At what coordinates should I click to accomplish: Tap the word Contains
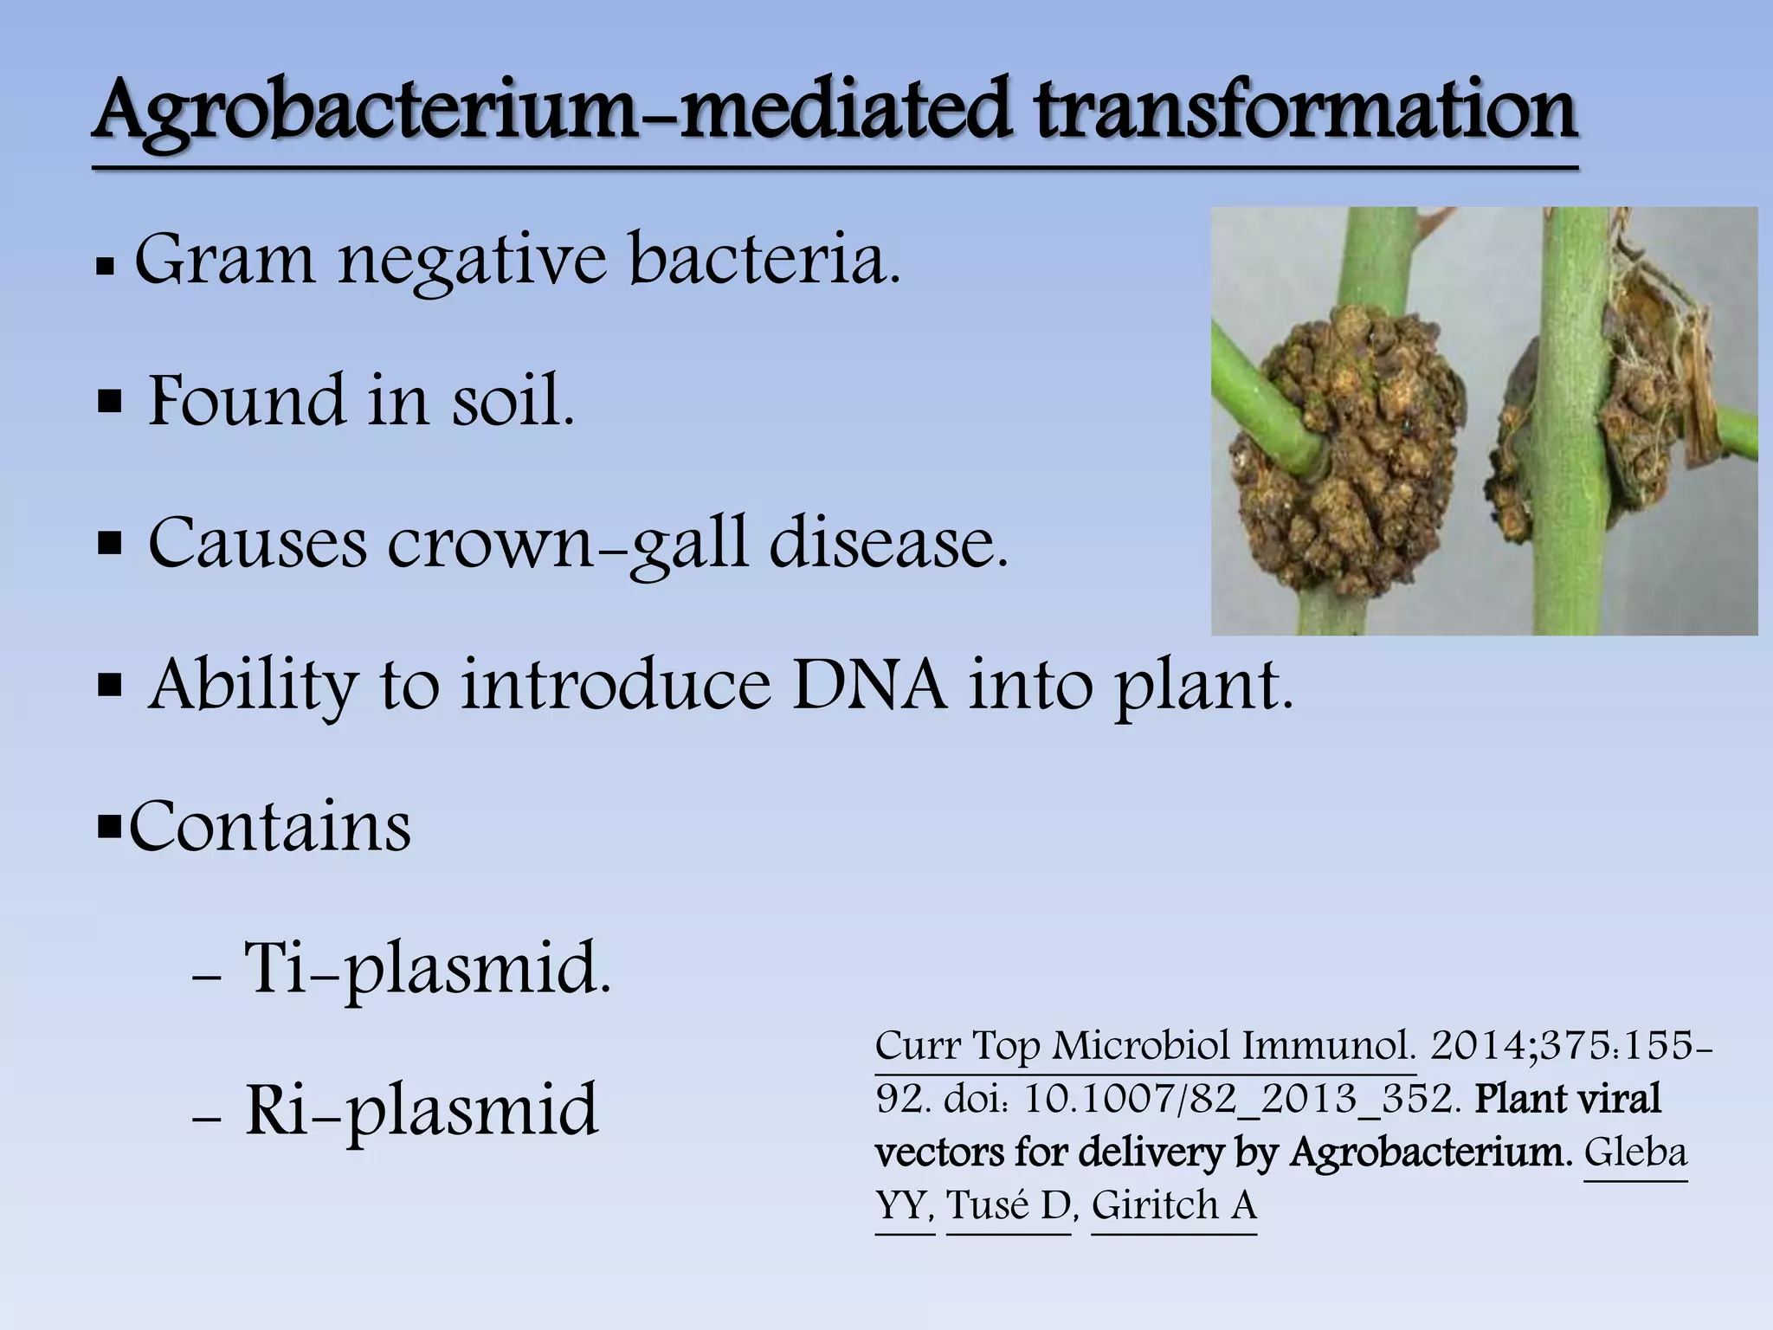coord(270,827)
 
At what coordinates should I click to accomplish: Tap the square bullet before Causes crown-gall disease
coord(110,546)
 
